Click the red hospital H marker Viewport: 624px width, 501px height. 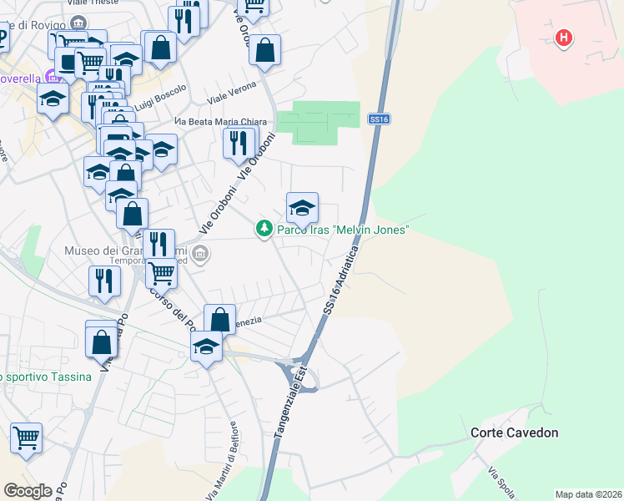tap(565, 38)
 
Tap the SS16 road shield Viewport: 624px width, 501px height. tap(379, 120)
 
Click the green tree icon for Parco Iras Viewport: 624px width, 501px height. tap(264, 228)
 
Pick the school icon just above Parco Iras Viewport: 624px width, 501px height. tap(302, 207)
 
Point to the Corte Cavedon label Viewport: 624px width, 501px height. tap(514, 433)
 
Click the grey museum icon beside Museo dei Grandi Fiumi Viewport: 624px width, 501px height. tap(199, 253)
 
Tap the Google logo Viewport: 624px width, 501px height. tap(28, 490)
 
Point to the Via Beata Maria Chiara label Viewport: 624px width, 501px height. tap(220, 122)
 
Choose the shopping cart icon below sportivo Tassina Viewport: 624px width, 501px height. tap(27, 436)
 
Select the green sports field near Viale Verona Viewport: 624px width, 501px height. tap(318, 123)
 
